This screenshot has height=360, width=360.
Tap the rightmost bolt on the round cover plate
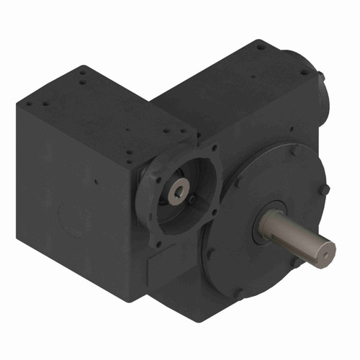(x=325, y=189)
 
